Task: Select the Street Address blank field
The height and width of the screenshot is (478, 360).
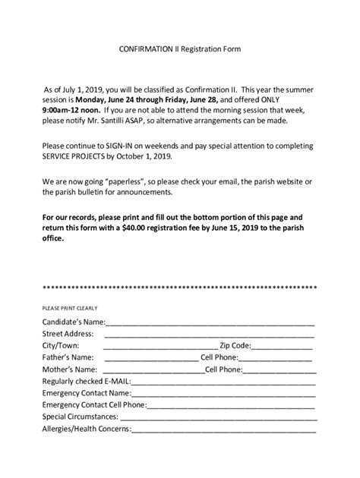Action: pyautogui.click(x=209, y=335)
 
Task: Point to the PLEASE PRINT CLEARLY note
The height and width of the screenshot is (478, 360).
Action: pyautogui.click(x=70, y=309)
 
